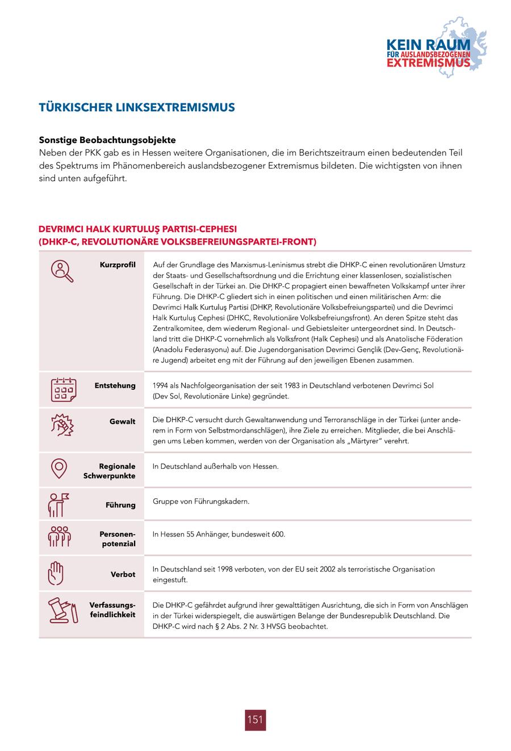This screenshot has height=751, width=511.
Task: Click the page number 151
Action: [256, 719]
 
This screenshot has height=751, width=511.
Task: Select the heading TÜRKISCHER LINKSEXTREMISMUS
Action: [136, 107]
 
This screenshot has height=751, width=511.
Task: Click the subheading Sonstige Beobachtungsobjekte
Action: [107, 140]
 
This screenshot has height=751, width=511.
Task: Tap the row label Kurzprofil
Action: [118, 265]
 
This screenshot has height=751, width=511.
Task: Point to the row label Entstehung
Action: [115, 385]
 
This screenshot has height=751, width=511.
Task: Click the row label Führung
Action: [120, 505]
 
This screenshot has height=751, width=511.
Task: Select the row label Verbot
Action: [123, 574]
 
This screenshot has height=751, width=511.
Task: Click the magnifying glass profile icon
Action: [61, 271]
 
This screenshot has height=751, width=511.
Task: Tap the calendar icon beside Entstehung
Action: [63, 389]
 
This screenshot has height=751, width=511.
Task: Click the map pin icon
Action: [59, 468]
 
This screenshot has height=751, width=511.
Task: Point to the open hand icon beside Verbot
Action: [56, 573]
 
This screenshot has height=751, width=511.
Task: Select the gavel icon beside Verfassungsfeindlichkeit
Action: [61, 610]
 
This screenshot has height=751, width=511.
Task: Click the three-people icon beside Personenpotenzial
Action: [59, 537]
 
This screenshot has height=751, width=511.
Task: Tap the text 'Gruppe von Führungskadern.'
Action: [201, 501]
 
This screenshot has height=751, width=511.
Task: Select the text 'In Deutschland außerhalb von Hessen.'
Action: [216, 466]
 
